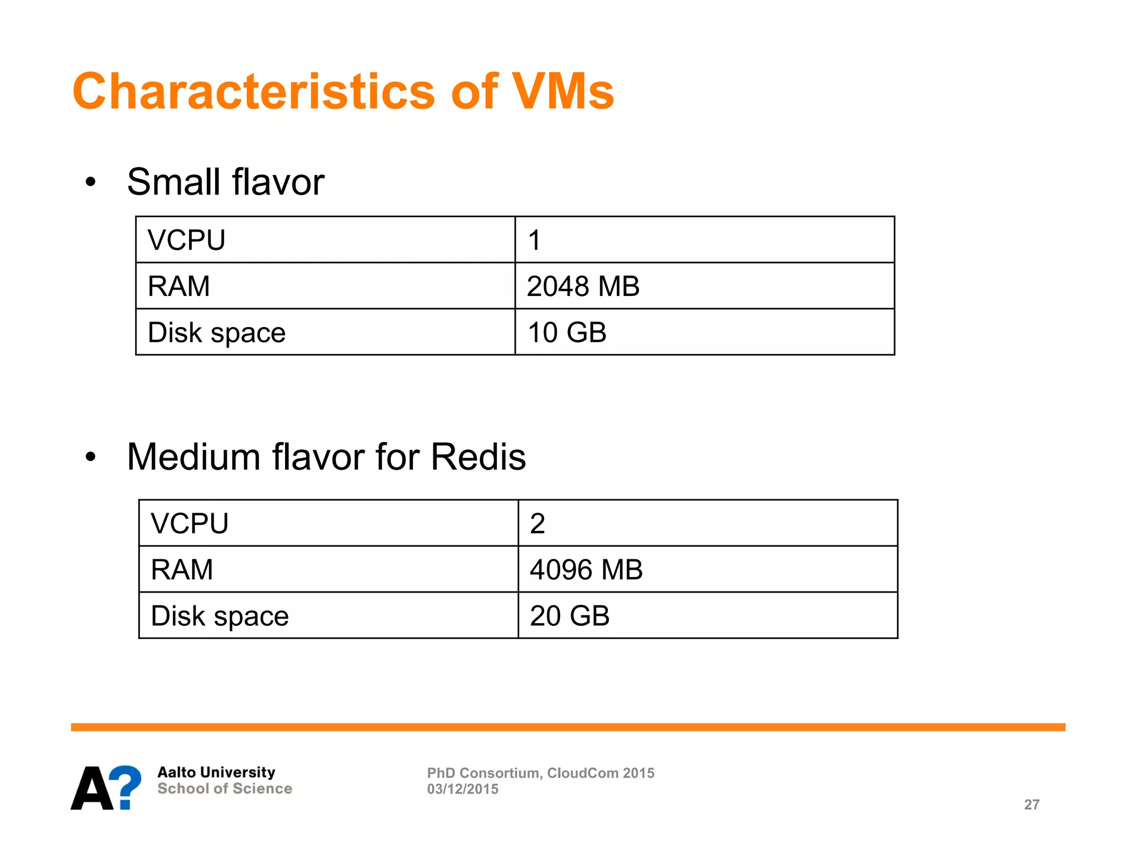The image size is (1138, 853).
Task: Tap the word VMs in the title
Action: (x=562, y=92)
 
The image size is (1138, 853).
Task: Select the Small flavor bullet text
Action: (x=226, y=182)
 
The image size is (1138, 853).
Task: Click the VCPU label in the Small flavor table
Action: (x=187, y=240)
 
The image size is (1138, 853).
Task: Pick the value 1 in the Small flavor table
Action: (x=535, y=240)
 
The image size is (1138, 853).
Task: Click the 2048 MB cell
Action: (x=583, y=287)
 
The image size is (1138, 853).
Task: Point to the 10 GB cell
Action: (x=567, y=333)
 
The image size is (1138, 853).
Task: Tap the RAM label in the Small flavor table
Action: (x=179, y=287)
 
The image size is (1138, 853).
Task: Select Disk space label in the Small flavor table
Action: (x=217, y=333)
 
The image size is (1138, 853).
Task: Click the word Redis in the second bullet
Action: (x=478, y=457)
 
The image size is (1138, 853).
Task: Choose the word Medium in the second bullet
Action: (x=194, y=457)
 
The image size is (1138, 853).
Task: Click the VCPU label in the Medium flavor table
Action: (x=189, y=524)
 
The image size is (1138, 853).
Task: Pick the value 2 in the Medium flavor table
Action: (x=537, y=524)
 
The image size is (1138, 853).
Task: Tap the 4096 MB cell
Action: (x=586, y=570)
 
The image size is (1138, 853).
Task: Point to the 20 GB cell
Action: (x=570, y=616)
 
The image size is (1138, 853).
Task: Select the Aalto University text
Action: (x=216, y=772)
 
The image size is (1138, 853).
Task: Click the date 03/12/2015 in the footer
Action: (x=462, y=789)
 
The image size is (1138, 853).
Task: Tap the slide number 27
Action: (x=1032, y=805)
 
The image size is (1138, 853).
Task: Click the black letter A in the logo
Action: (x=92, y=789)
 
